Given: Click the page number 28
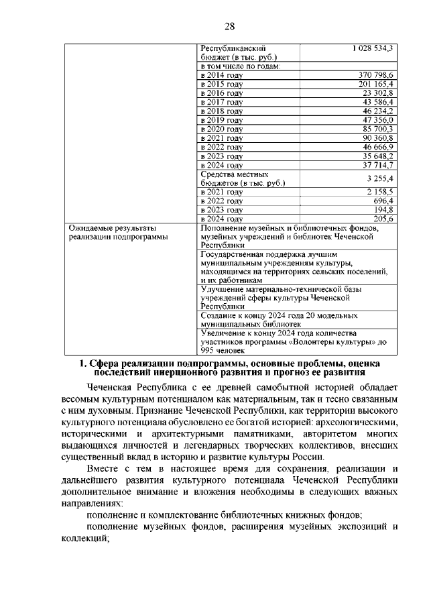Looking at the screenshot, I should click(229, 26).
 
